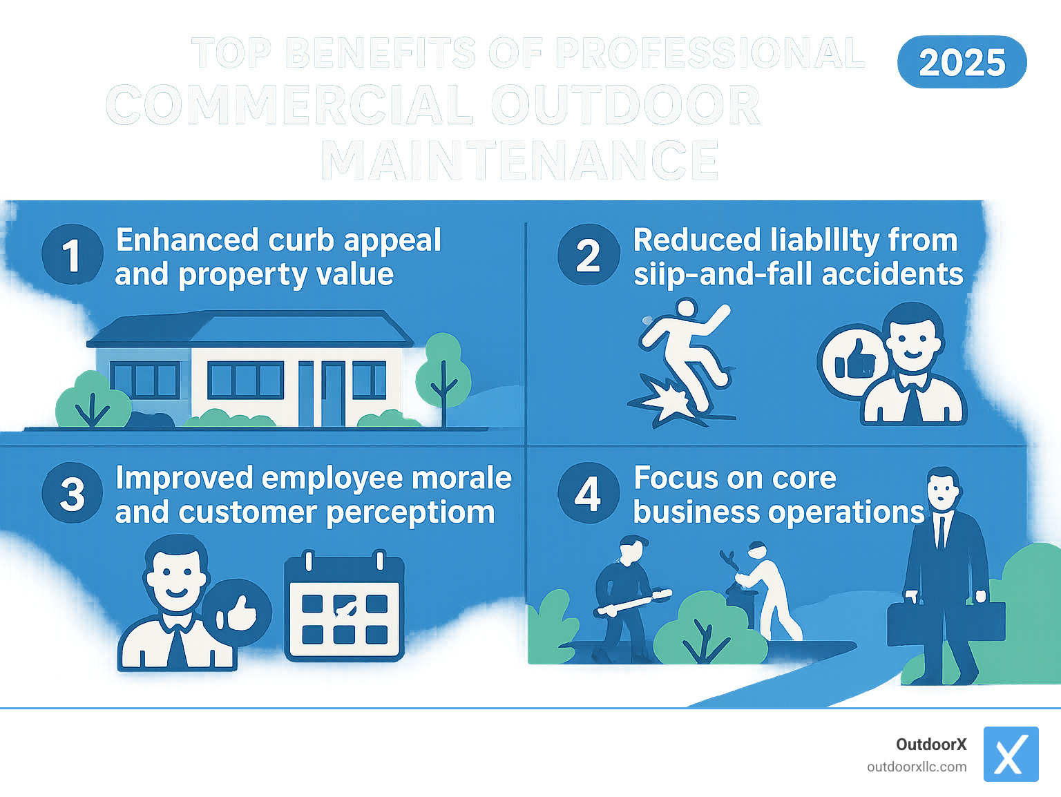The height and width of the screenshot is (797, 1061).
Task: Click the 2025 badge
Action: (962, 62)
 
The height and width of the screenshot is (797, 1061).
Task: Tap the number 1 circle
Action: (72, 255)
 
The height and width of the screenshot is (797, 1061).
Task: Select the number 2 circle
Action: (589, 255)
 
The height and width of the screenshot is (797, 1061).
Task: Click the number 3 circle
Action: (72, 494)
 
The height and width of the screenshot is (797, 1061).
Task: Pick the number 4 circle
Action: (589, 494)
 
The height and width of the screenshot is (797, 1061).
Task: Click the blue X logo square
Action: (1011, 754)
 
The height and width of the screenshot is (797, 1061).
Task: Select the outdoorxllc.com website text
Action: (917, 767)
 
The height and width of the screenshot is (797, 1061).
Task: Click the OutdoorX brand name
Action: (931, 745)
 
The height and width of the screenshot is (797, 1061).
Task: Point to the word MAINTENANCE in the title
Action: (519, 160)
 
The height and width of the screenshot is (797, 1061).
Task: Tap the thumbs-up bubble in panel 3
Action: (238, 613)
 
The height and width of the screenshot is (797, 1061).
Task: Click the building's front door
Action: (332, 394)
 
